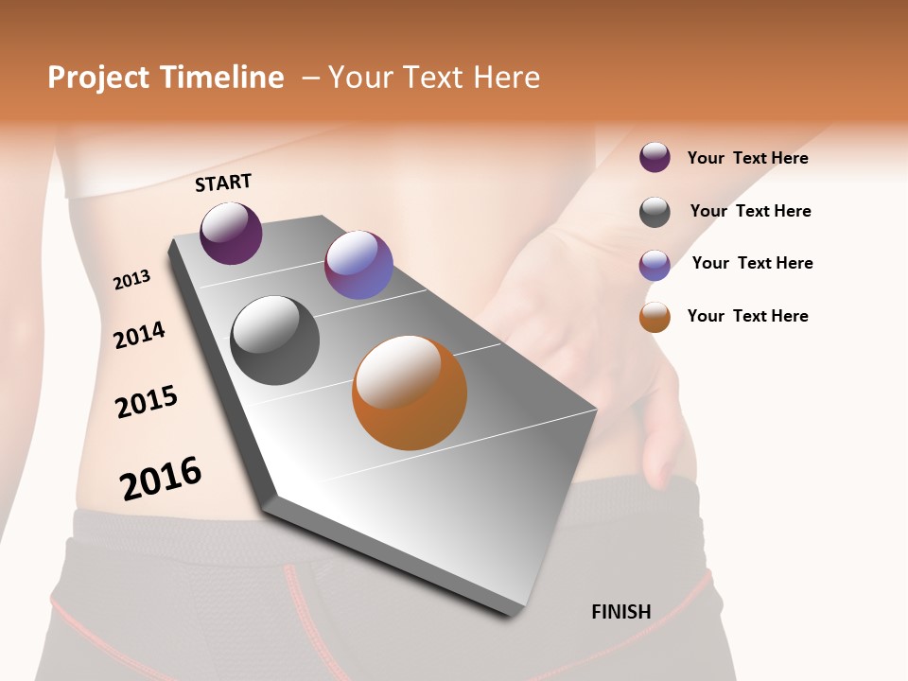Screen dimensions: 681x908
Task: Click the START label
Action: pyautogui.click(x=224, y=183)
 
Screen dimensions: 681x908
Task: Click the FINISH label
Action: pyautogui.click(x=620, y=612)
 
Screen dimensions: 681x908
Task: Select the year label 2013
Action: pyautogui.click(x=131, y=280)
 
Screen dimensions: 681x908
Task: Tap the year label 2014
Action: pyautogui.click(x=139, y=335)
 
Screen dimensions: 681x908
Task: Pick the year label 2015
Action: pyautogui.click(x=147, y=402)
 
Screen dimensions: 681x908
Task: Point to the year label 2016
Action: pyautogui.click(x=161, y=478)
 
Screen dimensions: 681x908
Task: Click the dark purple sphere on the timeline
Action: pyautogui.click(x=231, y=234)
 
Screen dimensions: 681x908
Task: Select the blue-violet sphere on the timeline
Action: pyautogui.click(x=358, y=265)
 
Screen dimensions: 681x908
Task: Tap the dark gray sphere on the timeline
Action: pyautogui.click(x=274, y=340)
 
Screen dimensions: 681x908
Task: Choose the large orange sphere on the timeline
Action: pyautogui.click(x=410, y=393)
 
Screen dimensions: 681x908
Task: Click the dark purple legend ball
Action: pyautogui.click(x=655, y=157)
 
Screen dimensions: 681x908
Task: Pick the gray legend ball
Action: pyautogui.click(x=655, y=212)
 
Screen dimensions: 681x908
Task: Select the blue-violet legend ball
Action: pyautogui.click(x=655, y=265)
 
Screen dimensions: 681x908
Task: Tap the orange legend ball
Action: pyautogui.click(x=655, y=317)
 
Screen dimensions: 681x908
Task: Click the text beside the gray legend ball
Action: pyautogui.click(x=750, y=211)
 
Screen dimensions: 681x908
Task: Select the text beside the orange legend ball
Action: pyautogui.click(x=747, y=316)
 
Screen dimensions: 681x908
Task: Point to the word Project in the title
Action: pyautogui.click(x=99, y=78)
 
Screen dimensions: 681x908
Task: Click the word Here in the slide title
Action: pyautogui.click(x=506, y=78)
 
